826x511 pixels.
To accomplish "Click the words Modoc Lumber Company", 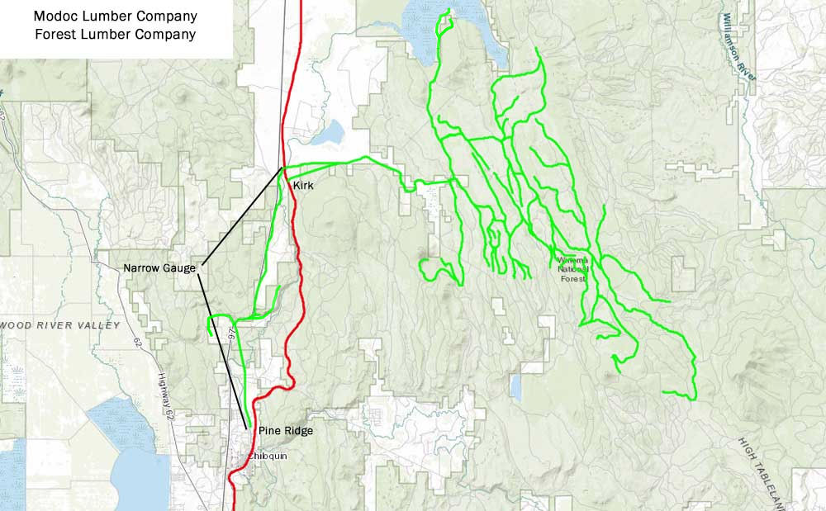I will click(x=115, y=16).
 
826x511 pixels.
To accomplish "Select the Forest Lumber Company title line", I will click(x=115, y=35).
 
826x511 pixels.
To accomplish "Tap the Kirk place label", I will click(x=303, y=187).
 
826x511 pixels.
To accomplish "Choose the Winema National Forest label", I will click(x=572, y=269).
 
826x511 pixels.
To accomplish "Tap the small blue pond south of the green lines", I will click(x=516, y=386).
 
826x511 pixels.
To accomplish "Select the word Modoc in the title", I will click(x=50, y=16).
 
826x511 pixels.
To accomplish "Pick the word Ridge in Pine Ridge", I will click(x=298, y=431).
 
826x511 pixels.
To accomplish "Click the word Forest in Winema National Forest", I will click(x=572, y=278).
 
